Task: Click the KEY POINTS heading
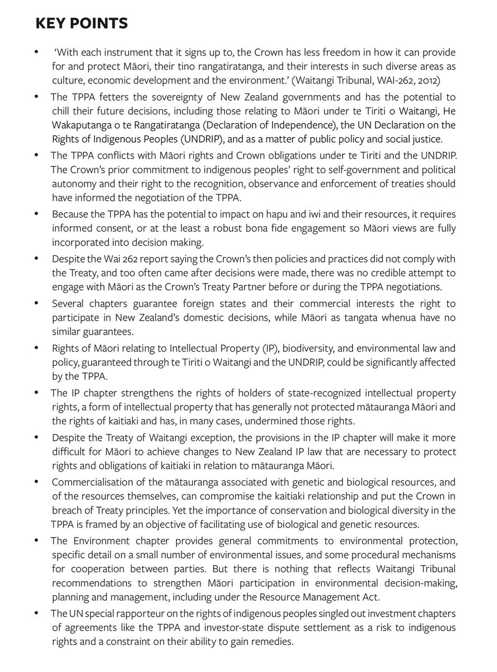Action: click(x=82, y=24)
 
